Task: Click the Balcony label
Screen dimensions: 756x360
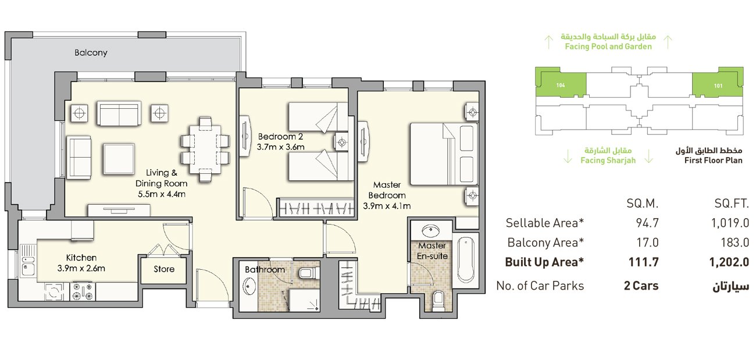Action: pos(91,53)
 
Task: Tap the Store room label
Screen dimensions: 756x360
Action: pos(164,269)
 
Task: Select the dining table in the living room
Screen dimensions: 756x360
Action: pos(205,149)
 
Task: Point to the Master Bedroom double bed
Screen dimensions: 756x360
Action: pos(444,154)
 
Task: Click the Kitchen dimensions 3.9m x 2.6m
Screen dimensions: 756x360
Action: pos(81,269)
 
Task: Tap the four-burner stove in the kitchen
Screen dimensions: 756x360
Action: pos(83,291)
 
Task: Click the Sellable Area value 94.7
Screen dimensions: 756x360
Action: pos(647,223)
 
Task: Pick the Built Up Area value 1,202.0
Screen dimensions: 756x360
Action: pos(729,262)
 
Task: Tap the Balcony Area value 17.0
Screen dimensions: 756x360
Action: pos(647,243)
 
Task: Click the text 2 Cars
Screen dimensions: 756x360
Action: pos(641,286)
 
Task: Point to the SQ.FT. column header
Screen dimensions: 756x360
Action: pos(732,204)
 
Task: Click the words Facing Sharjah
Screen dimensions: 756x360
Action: pos(608,161)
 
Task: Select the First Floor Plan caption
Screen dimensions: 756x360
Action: pos(713,161)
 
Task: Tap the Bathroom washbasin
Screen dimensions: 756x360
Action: pos(249,286)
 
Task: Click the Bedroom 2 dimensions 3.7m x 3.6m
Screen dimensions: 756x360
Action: pos(280,147)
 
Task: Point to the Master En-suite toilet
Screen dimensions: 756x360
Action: pos(438,300)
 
